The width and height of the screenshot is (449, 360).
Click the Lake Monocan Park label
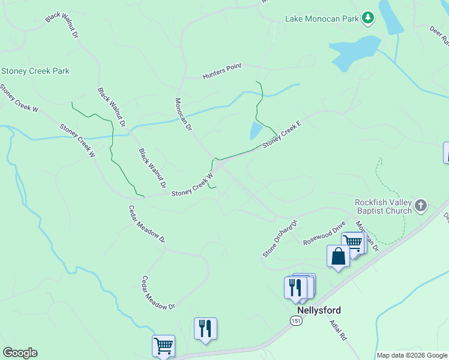(x=321, y=19)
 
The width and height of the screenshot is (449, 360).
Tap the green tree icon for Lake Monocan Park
(x=368, y=19)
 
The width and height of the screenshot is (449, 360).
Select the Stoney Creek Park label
(x=35, y=71)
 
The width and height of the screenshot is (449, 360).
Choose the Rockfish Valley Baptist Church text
(x=383, y=206)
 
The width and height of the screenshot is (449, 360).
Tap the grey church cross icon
(x=421, y=206)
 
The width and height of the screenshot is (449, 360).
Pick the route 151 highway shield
(x=296, y=322)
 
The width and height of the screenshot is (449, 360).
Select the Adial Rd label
(x=338, y=330)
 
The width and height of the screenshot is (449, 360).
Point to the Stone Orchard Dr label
(x=280, y=239)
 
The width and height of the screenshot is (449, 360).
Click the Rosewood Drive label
(x=325, y=233)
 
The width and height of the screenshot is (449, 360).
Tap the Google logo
(x=20, y=353)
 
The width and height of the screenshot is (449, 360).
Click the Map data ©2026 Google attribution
(x=412, y=355)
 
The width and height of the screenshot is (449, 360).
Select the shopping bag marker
(x=339, y=256)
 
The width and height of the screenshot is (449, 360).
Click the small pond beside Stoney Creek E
(x=255, y=130)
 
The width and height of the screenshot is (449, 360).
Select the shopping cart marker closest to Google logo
(x=164, y=346)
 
